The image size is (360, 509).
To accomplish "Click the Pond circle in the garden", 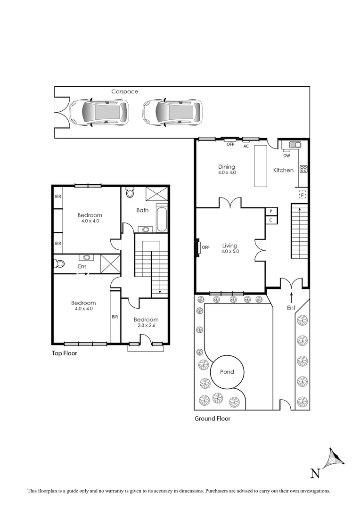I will tap(227, 372).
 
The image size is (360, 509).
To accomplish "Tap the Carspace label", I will tap(125, 91).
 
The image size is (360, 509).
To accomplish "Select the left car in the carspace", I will tap(98, 112).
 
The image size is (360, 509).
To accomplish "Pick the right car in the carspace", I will tap(172, 112).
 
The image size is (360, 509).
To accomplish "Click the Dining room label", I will tap(227, 167).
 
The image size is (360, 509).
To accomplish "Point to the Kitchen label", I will tap(283, 170).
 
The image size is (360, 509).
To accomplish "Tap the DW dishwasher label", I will tap(286, 156).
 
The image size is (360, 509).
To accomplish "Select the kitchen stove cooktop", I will tap(303, 169).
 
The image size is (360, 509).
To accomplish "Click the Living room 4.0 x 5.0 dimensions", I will tap(230, 252).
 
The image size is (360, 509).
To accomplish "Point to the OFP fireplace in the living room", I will tap(198, 247).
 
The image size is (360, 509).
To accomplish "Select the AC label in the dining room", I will tap(246, 147).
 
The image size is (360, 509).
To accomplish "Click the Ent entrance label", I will tap(291, 308).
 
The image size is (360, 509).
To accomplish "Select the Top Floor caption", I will tap(65, 353).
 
